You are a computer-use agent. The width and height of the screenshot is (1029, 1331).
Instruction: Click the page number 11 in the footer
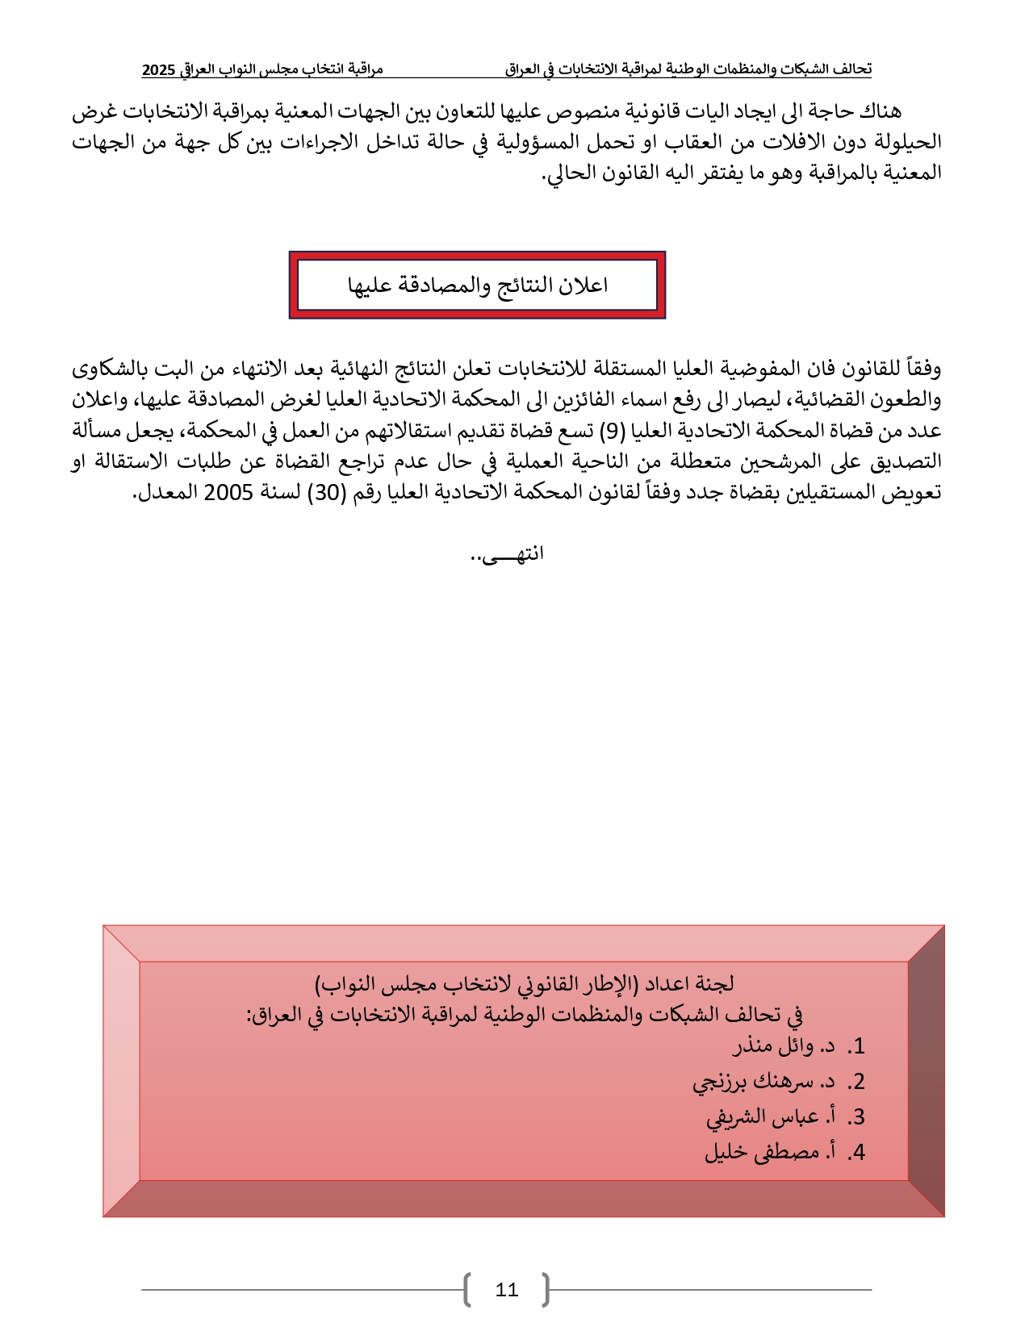[x=506, y=1290]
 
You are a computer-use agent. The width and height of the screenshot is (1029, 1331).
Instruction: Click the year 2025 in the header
[x=158, y=70]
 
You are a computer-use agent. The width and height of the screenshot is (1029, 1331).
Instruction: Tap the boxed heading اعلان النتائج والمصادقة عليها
[x=477, y=286]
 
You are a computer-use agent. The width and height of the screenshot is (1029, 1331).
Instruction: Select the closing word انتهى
[x=508, y=554]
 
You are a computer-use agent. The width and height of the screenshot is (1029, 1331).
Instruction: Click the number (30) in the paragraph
[x=327, y=492]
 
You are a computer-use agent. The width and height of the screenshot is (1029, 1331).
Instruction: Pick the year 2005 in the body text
[x=228, y=492]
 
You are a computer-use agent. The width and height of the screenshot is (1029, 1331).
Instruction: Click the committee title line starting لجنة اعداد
[x=524, y=984]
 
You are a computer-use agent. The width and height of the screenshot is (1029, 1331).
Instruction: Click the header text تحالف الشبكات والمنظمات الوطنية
[x=767, y=70]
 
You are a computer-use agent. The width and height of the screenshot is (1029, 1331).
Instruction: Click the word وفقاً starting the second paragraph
[x=923, y=369]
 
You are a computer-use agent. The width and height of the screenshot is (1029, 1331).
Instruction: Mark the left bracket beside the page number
[x=468, y=1290]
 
